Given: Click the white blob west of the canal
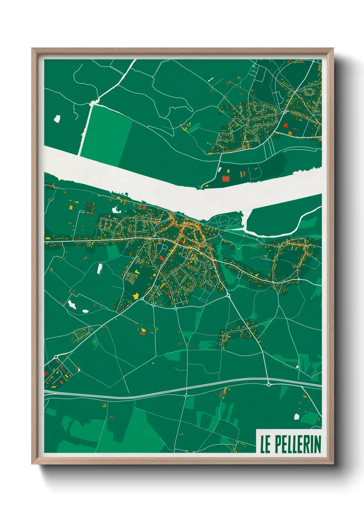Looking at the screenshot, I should [x=57, y=119].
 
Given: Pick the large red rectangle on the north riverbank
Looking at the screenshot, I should [x=226, y=178].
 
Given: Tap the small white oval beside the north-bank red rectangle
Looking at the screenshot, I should [x=219, y=170].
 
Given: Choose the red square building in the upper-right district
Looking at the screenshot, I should [x=285, y=126].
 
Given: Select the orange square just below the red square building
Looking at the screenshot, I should [x=290, y=133].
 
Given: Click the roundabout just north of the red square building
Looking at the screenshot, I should [x=285, y=112].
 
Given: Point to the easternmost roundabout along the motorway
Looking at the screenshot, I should [x=269, y=384].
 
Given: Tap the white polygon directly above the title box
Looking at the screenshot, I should [x=297, y=417].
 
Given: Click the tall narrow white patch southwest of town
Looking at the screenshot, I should [x=99, y=268].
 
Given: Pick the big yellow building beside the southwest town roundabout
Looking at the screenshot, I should [x=136, y=296].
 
